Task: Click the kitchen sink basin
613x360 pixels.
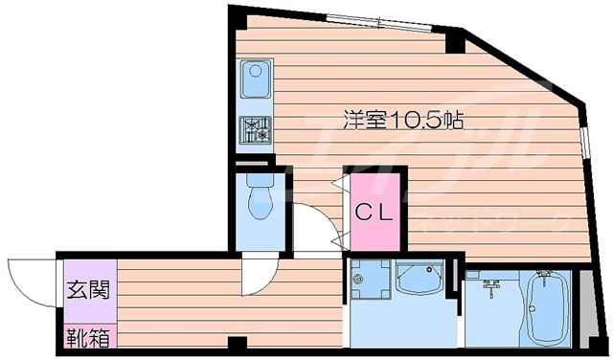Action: tap(257, 79)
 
